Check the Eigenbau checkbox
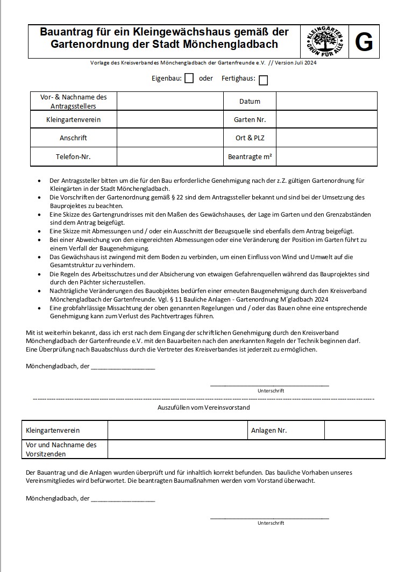[x=189, y=78]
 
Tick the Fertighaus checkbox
[x=263, y=80]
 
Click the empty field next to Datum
[x=326, y=101]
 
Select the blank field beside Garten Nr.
[x=326, y=119]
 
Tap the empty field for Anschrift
[x=170, y=138]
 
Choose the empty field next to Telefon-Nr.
[x=170, y=156]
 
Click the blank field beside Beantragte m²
[x=326, y=156]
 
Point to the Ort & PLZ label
[x=250, y=138]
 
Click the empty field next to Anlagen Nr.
[x=354, y=430]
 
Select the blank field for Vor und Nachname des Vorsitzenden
[x=246, y=449]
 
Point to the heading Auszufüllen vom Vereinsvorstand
[x=203, y=407]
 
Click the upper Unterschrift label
[x=271, y=391]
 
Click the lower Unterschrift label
[x=271, y=523]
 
